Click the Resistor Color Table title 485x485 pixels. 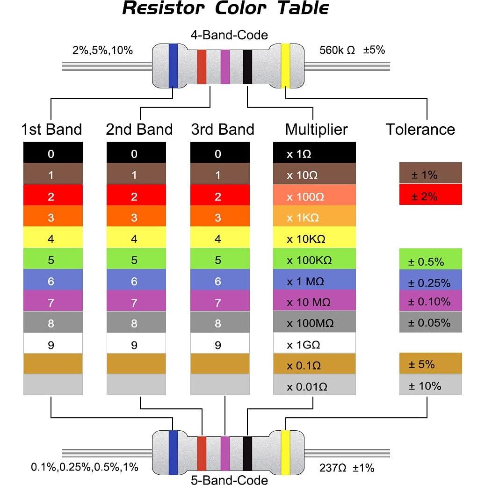pyautogui.click(x=225, y=9)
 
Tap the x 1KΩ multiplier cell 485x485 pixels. pyautogui.click(x=314, y=217)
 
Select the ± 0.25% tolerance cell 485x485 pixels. pyautogui.click(x=430, y=282)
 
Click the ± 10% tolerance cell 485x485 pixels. pyautogui.click(x=430, y=386)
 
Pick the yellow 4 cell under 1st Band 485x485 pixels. pyautogui.click(x=53, y=239)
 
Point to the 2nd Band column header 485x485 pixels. pyautogui.click(x=139, y=130)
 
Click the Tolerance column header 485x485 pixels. pyautogui.click(x=420, y=130)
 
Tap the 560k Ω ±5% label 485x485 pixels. pyautogui.click(x=352, y=50)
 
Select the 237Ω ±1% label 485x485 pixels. pyautogui.click(x=347, y=468)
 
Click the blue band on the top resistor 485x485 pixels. pyautogui.click(x=173, y=65)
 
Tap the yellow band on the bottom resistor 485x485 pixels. pyautogui.click(x=285, y=452)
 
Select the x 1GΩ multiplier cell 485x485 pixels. pyautogui.click(x=314, y=345)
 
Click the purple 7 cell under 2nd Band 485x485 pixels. pyautogui.click(x=136, y=303)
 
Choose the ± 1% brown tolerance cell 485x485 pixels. pyautogui.click(x=430, y=175)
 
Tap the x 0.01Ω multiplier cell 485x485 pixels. pyautogui.click(x=314, y=387)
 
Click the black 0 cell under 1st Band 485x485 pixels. pyautogui.click(x=53, y=154)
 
